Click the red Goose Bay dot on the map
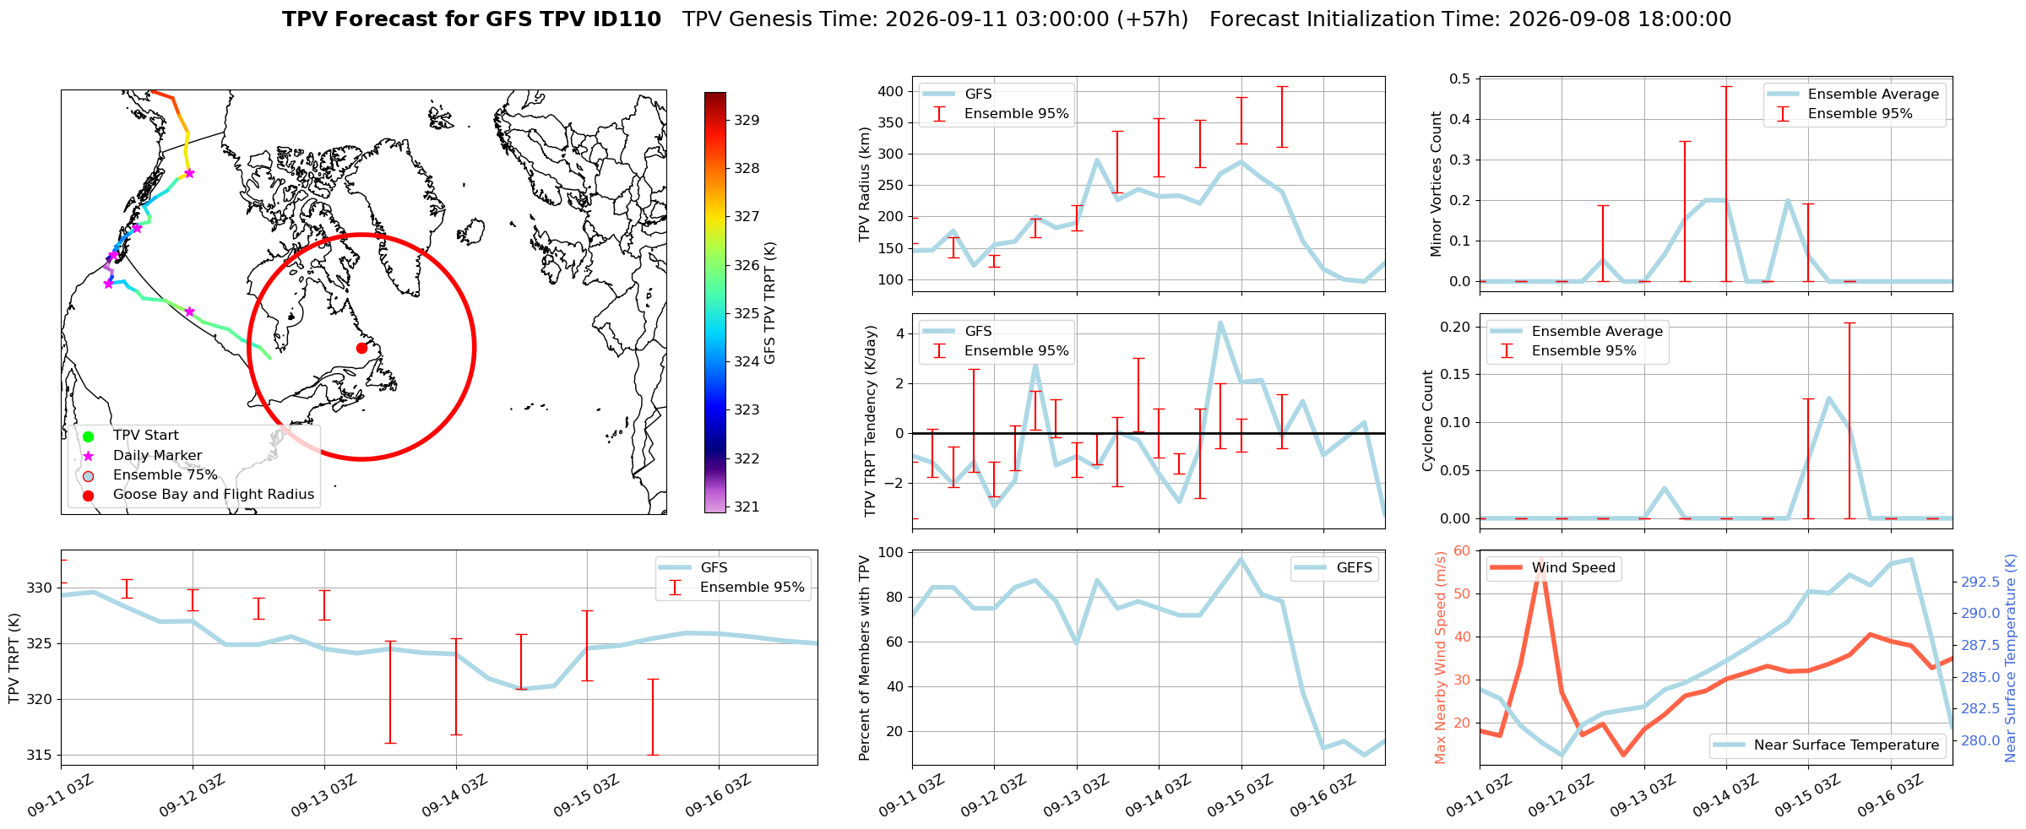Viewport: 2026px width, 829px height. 361,348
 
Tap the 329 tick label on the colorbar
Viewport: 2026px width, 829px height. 747,120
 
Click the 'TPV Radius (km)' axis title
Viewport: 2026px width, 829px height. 864,184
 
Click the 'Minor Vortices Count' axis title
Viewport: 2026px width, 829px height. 1437,184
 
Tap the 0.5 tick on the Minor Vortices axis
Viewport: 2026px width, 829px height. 1459,79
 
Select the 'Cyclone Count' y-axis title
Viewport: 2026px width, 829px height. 1428,420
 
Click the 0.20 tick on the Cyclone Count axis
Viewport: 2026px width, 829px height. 1456,327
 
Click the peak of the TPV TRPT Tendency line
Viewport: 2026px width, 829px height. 1220,322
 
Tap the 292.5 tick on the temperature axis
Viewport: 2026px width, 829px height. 1980,582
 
